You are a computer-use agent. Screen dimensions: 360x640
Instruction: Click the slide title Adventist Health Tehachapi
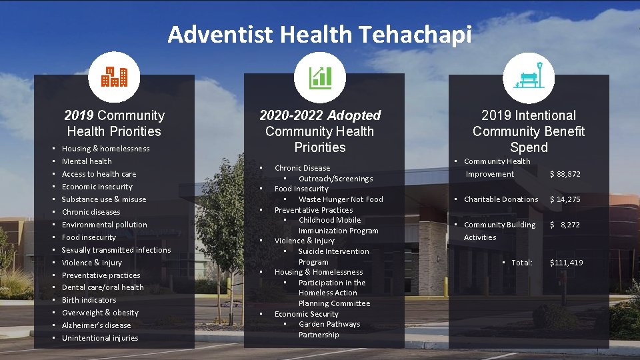point(319,33)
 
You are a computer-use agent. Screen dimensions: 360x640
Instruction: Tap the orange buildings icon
point(114,77)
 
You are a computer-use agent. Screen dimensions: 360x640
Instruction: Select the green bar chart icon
point(320,77)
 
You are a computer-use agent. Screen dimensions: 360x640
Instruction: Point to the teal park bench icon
point(529,77)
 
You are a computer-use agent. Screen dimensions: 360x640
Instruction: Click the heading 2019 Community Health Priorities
point(114,123)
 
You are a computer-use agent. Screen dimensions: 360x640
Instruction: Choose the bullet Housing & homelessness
point(105,149)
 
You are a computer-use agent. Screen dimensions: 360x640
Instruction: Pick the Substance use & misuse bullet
point(103,199)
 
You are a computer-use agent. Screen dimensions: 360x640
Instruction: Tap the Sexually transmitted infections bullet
point(116,250)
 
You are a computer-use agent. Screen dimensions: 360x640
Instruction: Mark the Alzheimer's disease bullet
point(96,325)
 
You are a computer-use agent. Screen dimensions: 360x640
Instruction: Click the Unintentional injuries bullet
point(100,338)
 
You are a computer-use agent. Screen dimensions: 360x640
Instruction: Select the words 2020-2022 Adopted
point(320,115)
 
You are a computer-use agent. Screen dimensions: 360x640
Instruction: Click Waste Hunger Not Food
point(341,199)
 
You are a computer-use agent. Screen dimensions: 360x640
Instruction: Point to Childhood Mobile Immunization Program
point(338,225)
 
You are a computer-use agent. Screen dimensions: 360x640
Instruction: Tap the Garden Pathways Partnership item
point(329,329)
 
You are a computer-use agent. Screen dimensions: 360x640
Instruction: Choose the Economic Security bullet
point(306,314)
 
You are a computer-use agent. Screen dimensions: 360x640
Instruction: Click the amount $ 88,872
point(565,174)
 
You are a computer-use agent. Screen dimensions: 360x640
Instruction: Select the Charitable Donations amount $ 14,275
point(565,199)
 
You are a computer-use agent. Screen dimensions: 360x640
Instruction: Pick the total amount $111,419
point(566,263)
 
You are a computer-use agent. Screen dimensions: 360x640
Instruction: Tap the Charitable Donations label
point(501,199)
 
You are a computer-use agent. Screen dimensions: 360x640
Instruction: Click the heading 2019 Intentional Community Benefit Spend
point(529,131)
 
